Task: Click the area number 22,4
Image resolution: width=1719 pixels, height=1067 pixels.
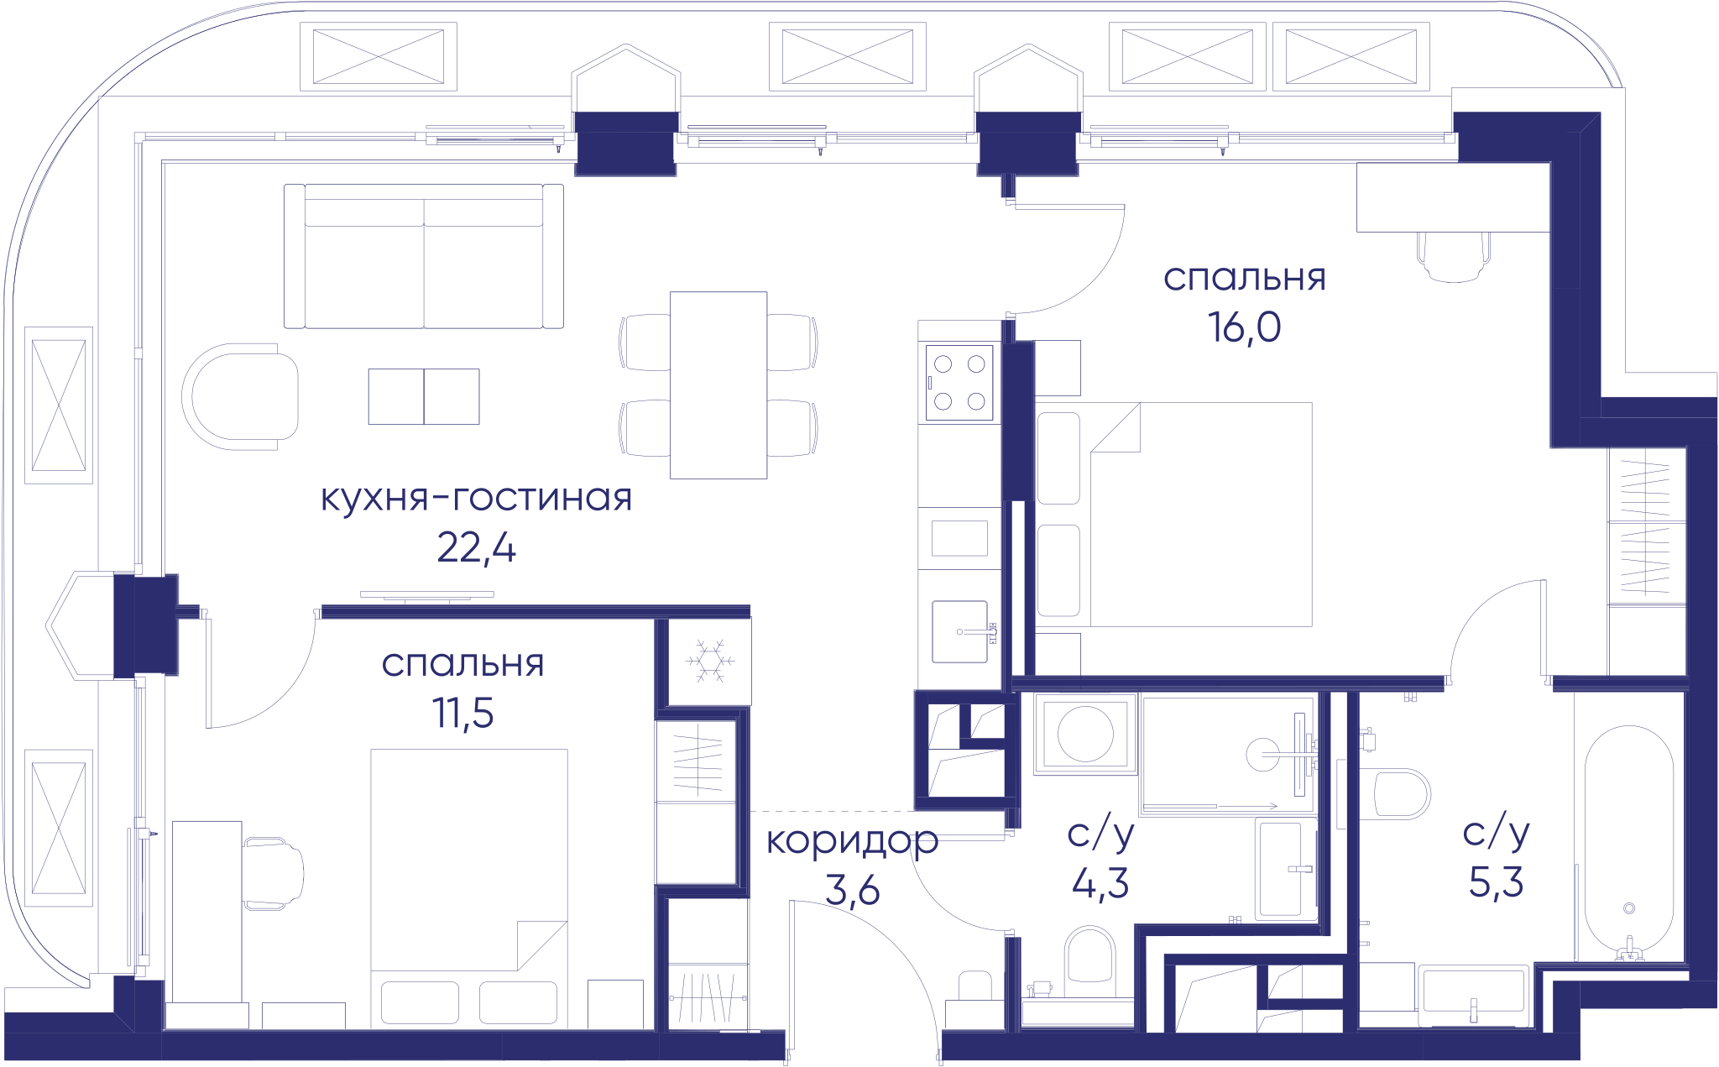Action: (476, 549)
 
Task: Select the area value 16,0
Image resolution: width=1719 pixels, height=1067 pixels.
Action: (1244, 327)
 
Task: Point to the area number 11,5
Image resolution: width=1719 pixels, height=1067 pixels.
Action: (462, 714)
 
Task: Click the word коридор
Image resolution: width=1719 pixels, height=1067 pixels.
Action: (852, 840)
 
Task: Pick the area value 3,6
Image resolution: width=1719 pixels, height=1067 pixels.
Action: (852, 890)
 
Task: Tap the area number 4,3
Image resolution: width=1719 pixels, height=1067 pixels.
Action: (1100, 883)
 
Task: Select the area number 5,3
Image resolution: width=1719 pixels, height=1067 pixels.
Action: (1496, 882)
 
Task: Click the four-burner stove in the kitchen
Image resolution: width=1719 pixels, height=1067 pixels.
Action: (959, 382)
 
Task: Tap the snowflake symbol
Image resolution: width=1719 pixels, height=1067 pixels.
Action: (710, 660)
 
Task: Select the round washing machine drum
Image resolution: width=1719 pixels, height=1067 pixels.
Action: (1085, 733)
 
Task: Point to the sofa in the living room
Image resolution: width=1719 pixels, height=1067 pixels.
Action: (424, 256)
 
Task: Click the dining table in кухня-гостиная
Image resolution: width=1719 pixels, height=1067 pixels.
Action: (718, 384)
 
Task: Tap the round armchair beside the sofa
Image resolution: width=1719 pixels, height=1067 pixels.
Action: (240, 396)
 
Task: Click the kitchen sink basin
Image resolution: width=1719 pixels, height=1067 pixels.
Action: (959, 631)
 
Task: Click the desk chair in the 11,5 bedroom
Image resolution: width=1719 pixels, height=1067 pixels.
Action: (274, 873)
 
